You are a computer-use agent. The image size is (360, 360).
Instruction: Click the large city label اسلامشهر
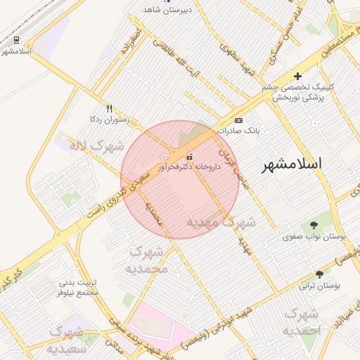(292, 165)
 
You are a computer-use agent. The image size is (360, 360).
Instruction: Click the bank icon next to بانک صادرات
(238, 121)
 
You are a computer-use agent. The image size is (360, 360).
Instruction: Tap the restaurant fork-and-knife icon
(108, 108)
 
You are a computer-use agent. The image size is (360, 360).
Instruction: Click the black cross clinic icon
(297, 76)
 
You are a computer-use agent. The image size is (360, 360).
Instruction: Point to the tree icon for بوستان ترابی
(320, 274)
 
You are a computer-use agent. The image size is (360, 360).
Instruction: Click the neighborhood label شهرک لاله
(96, 146)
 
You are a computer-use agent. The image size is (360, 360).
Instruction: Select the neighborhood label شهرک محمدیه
(147, 260)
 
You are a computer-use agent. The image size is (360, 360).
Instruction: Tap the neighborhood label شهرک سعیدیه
(67, 339)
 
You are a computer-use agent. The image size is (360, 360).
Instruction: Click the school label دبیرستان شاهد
(166, 10)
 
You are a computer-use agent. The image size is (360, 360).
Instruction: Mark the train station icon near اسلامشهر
(16, 40)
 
